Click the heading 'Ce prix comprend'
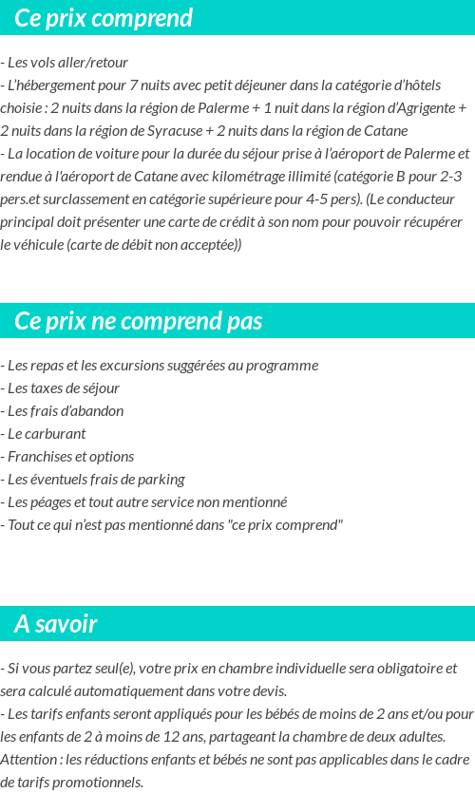104,18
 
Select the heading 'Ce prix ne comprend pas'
139,321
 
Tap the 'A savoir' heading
56,624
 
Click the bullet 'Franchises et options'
67,456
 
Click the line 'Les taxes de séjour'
60,387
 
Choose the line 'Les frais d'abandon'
63,410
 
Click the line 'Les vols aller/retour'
65,63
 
